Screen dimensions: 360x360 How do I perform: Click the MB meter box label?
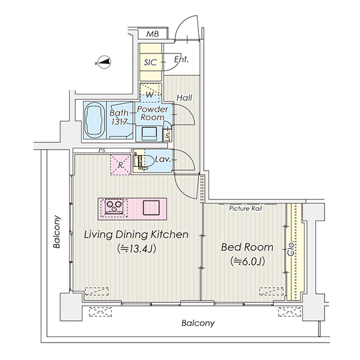[153, 34]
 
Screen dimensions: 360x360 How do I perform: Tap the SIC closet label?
[150, 63]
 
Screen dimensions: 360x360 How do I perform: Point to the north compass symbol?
[103, 62]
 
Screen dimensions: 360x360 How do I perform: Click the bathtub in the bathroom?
[94, 120]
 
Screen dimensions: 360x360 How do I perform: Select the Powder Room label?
[153, 113]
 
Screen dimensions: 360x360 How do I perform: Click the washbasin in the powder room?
[149, 133]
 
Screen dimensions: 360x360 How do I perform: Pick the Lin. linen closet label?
[168, 135]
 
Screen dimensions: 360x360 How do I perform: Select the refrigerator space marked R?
[120, 165]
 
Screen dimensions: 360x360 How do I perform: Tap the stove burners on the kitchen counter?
[114, 206]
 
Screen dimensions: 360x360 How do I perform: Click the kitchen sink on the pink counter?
[151, 207]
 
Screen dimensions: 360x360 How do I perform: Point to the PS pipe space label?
[102, 151]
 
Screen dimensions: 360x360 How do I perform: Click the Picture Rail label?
[245, 209]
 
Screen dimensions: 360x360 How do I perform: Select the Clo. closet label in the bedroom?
[291, 249]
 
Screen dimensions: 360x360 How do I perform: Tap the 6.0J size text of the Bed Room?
[248, 261]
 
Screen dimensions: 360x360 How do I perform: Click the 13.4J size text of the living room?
[136, 248]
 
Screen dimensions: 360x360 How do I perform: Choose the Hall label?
[185, 98]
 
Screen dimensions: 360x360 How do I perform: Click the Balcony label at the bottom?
[198, 323]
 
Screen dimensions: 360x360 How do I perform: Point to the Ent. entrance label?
[181, 59]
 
